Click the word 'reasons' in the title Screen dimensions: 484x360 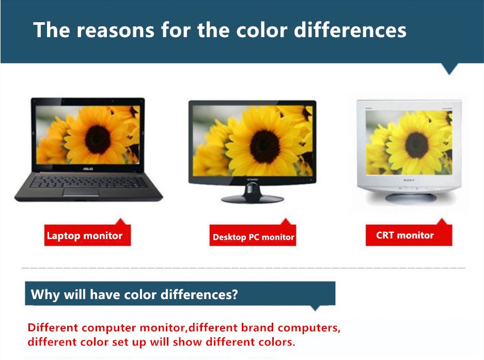[x=115, y=30]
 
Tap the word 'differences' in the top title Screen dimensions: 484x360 [x=350, y=30]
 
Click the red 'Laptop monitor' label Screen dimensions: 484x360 [x=88, y=236]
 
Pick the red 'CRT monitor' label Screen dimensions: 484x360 [x=409, y=236]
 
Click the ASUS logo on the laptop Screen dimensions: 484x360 [x=88, y=169]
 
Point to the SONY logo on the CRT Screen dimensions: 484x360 [x=409, y=180]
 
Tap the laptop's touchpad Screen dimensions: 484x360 [x=81, y=192]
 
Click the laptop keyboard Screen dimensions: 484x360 [x=89, y=181]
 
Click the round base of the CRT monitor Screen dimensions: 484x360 [x=411, y=198]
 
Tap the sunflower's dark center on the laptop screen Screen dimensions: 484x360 [x=98, y=139]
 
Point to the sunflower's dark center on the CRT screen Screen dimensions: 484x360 [x=417, y=145]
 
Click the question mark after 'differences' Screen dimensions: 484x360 [x=235, y=294]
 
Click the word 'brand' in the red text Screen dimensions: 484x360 [x=257, y=327]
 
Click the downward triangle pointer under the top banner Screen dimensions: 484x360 [x=449, y=69]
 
